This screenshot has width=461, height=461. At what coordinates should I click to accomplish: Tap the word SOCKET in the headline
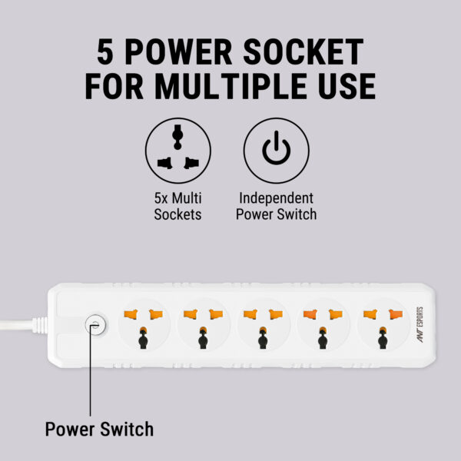303,51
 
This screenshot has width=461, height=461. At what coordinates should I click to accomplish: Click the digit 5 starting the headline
105,51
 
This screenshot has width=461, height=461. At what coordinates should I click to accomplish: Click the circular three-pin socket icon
178,151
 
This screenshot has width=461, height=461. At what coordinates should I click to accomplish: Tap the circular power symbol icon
276,151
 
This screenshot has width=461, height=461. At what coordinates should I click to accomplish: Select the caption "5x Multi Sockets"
178,206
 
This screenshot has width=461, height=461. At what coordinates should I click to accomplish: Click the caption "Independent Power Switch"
276,206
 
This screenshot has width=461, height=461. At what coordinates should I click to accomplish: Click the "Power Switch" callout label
99,429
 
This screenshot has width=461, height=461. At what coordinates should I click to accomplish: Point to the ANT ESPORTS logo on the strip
420,324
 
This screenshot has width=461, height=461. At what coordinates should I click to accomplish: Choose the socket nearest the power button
144,326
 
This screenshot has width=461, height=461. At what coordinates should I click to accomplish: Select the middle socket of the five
263,326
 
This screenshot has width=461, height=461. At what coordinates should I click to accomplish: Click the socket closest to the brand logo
383,326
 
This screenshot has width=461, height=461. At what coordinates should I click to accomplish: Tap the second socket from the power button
204,326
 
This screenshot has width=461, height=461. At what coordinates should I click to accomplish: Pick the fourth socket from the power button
323,326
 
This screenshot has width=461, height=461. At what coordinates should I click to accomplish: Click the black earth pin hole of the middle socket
263,339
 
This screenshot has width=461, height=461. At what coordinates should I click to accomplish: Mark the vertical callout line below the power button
90,370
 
